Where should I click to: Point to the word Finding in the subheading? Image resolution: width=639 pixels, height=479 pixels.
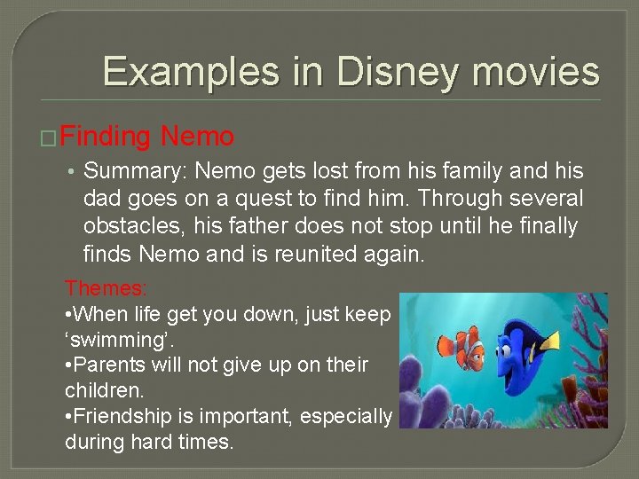106,137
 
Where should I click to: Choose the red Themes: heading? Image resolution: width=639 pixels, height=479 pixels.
106,288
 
